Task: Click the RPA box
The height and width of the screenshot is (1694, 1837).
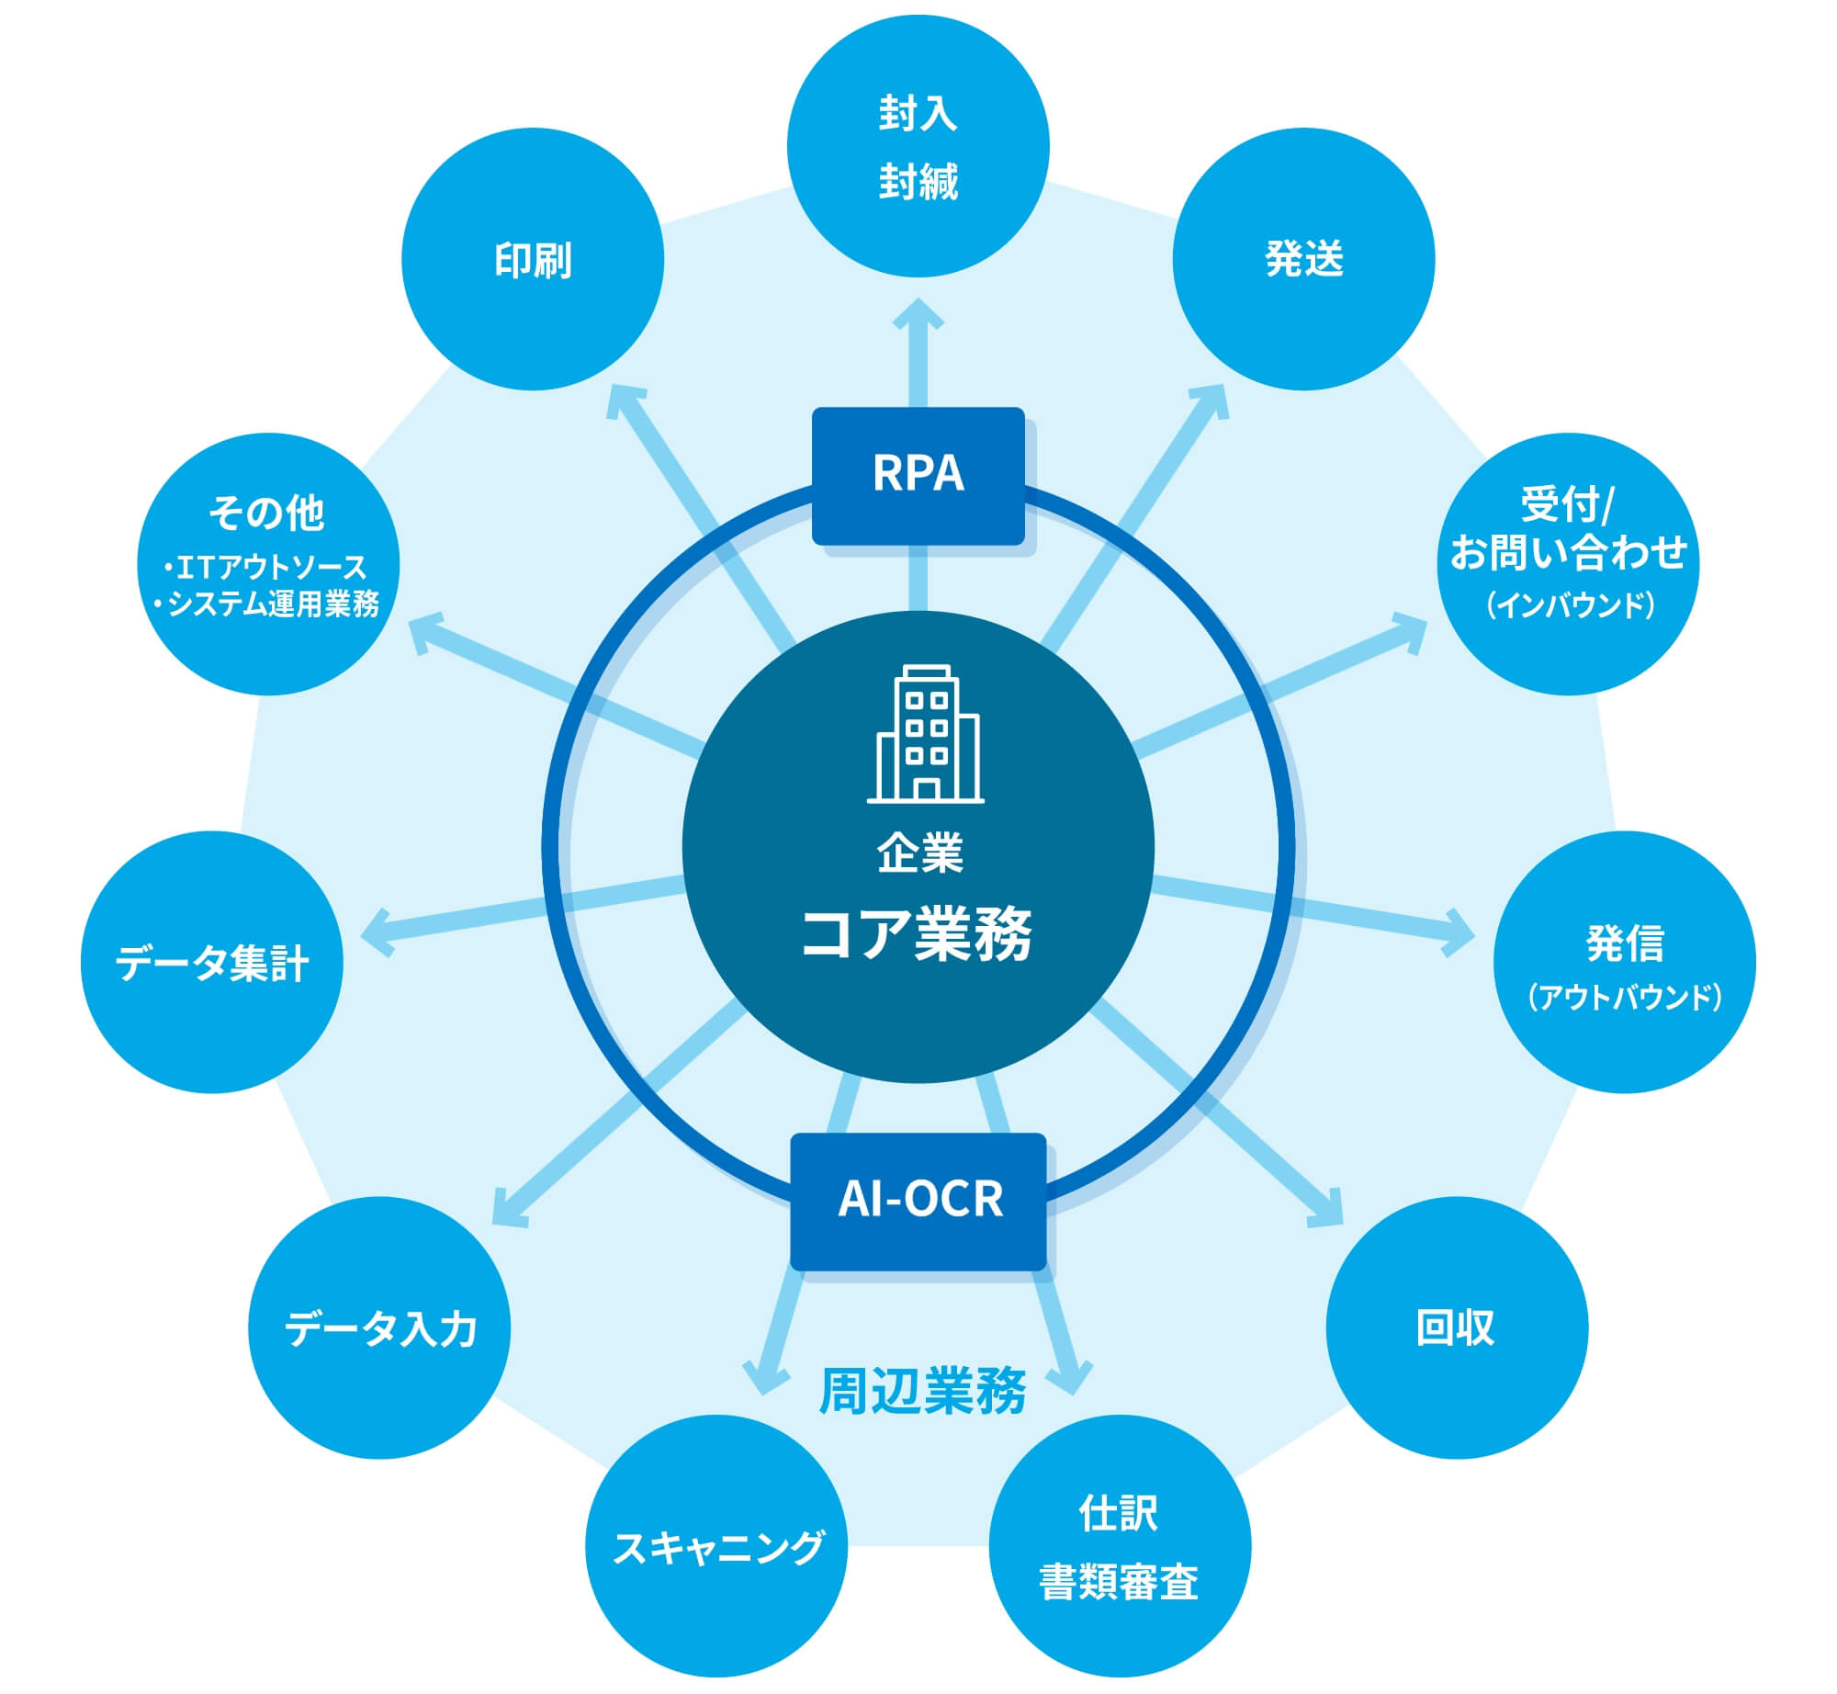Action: point(918,475)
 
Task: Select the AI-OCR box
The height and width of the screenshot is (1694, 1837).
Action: point(918,1200)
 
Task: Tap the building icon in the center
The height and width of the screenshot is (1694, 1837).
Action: point(925,734)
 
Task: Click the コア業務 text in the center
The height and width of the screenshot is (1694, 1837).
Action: point(918,934)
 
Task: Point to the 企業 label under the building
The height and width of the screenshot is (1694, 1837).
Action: point(919,853)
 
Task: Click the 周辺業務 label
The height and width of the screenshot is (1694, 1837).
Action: point(921,1391)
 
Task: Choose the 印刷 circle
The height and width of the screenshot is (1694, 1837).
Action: point(533,259)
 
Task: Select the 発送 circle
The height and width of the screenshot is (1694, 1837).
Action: point(1303,259)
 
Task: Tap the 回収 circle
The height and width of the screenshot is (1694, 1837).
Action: point(1457,1327)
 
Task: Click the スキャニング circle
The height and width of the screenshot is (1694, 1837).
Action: point(716,1546)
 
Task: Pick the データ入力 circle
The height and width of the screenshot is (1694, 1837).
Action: point(379,1327)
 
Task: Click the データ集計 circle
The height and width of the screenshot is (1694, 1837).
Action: point(212,962)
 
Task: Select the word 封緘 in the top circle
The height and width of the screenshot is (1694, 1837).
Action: point(918,182)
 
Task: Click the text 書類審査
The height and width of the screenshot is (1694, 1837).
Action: point(1119,1582)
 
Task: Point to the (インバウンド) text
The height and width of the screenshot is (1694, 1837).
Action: point(1569,604)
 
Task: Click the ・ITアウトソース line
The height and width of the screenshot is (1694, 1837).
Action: point(265,567)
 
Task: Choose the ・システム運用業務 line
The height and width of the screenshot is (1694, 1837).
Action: point(266,604)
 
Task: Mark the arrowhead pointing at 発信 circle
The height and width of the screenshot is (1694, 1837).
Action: point(1460,933)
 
